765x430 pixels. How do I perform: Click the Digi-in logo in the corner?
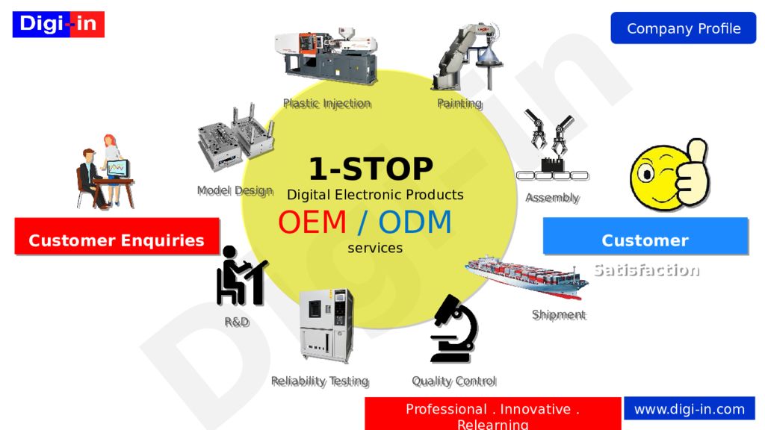[x=58, y=24]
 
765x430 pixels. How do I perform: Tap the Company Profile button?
[x=683, y=28]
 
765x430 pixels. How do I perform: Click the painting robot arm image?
[x=465, y=57]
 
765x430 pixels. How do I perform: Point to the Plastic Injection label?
[x=326, y=104]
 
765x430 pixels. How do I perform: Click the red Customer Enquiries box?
[x=117, y=240]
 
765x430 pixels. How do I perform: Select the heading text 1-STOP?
[x=371, y=169]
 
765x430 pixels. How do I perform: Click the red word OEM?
[x=312, y=222]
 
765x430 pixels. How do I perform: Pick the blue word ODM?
[x=415, y=222]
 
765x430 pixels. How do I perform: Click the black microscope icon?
[x=453, y=328]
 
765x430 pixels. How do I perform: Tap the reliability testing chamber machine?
[x=326, y=325]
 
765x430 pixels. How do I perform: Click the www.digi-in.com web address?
[x=689, y=409]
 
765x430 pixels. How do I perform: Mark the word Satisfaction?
[x=646, y=270]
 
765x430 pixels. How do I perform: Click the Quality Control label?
[x=453, y=381]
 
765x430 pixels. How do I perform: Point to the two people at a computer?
[x=105, y=172]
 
